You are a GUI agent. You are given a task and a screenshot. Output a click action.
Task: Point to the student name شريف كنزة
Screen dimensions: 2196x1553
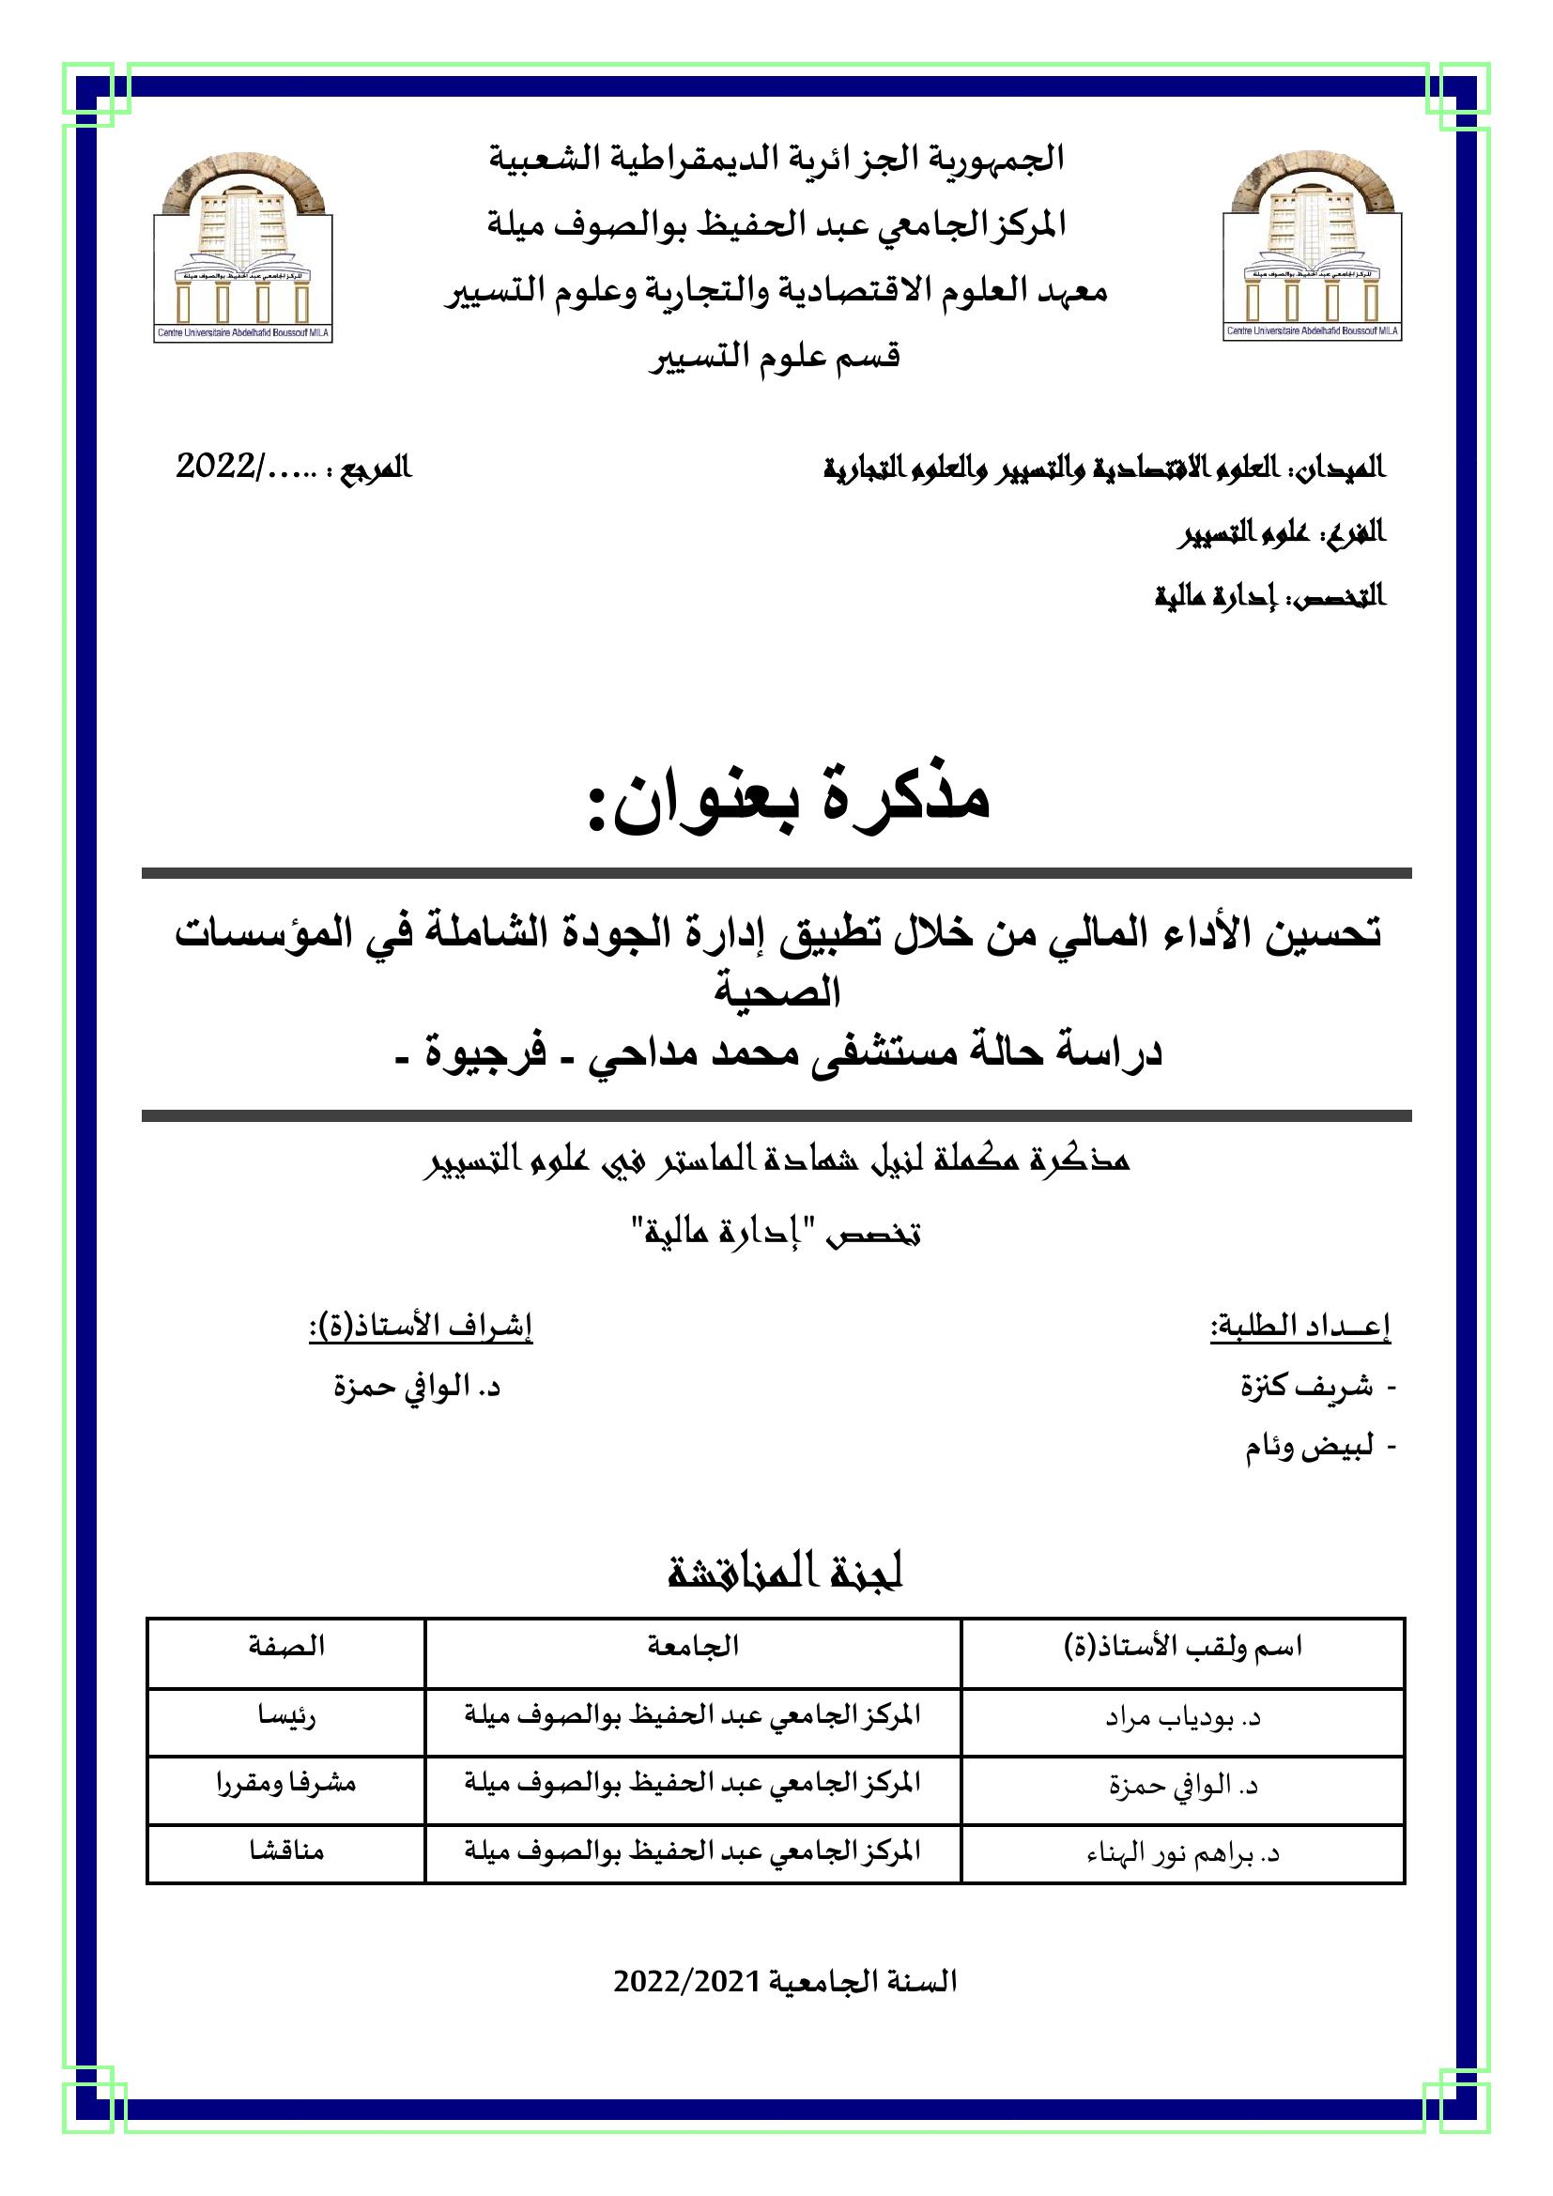click(1306, 1386)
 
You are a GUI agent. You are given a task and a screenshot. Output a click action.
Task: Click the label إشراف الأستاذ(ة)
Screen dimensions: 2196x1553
click(420, 1326)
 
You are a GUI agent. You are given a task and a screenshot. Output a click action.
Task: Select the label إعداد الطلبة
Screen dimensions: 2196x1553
click(1299, 1326)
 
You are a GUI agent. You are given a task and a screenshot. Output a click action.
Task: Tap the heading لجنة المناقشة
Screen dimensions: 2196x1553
click(785, 1574)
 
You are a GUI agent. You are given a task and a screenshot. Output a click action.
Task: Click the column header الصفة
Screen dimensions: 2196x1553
click(286, 1646)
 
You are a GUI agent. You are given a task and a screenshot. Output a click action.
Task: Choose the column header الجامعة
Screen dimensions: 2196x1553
click(692, 1646)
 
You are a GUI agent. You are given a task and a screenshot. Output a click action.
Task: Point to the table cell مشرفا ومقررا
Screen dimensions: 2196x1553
click(286, 1784)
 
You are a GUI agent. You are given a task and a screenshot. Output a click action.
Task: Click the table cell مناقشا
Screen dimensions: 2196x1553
click(286, 1851)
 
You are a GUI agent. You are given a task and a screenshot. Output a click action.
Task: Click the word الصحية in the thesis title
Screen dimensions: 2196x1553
click(777, 992)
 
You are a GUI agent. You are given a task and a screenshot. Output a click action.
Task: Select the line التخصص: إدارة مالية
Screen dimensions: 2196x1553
click(1269, 597)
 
